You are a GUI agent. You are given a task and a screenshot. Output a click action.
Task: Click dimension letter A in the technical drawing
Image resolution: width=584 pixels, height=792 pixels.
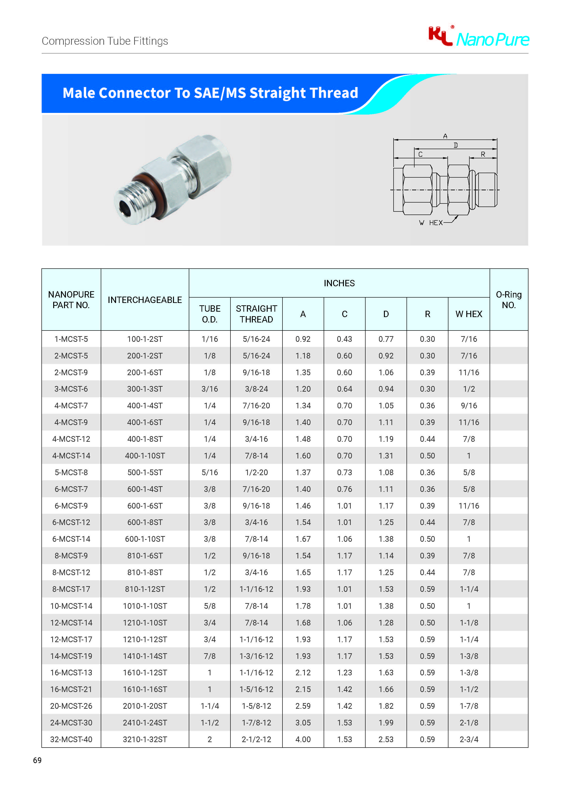coord(445,136)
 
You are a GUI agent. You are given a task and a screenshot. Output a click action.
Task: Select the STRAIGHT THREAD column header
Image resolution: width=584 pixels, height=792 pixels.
coord(256,314)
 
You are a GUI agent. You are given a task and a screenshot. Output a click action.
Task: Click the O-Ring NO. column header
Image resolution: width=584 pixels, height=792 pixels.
coord(508,300)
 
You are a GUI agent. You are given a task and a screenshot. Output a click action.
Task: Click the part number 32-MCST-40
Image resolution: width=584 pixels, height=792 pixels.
coord(71,739)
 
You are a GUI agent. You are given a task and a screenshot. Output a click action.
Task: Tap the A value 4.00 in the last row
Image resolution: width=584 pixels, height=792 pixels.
coord(303,739)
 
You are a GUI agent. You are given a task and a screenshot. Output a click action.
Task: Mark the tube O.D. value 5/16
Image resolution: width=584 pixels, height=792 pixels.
coord(210,472)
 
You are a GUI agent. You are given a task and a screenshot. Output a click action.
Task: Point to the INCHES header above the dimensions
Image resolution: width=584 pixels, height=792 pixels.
coord(339,283)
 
